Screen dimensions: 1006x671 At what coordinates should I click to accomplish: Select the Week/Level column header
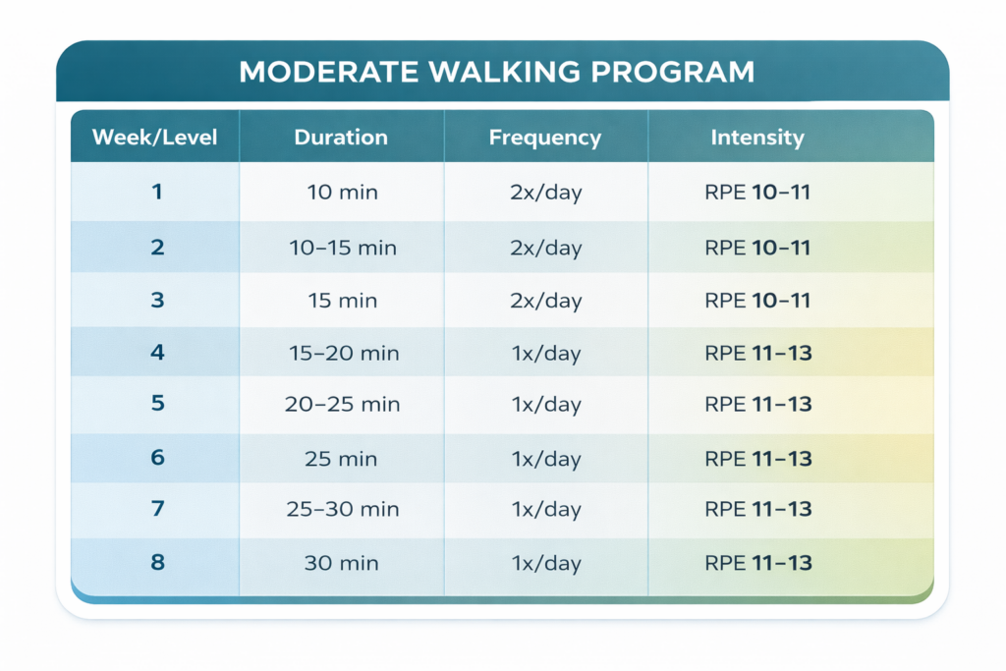pos(154,138)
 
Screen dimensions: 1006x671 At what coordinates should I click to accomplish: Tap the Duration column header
pos(341,138)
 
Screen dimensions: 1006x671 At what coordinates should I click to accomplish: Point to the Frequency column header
pos(545,138)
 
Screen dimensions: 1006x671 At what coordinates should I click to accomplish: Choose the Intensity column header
pos(757,138)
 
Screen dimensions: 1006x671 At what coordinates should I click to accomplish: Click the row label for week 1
pos(156,192)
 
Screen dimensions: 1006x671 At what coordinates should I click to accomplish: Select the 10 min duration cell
pos(342,192)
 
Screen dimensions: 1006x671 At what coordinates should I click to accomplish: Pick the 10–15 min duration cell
pos(343,248)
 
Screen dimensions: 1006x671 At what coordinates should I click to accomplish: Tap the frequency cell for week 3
pos(546,301)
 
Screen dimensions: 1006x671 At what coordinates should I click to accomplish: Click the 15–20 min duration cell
pos(344,353)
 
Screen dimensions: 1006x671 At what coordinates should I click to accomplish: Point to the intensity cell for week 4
pos(758,353)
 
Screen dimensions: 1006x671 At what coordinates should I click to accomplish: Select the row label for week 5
pos(157,403)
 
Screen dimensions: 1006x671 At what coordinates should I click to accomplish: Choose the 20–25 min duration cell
pos(342,404)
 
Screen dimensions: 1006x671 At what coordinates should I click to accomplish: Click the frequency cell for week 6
pos(546,459)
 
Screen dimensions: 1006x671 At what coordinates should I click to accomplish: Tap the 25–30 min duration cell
pos(343,509)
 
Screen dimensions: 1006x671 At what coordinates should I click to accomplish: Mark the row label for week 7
pos(158,509)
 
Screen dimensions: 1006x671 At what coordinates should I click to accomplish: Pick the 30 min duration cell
pos(341,563)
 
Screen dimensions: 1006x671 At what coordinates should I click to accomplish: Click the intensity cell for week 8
pos(758,563)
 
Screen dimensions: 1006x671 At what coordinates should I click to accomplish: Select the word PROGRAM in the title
pos(672,72)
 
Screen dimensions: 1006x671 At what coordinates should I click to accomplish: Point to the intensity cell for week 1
pos(757,192)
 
